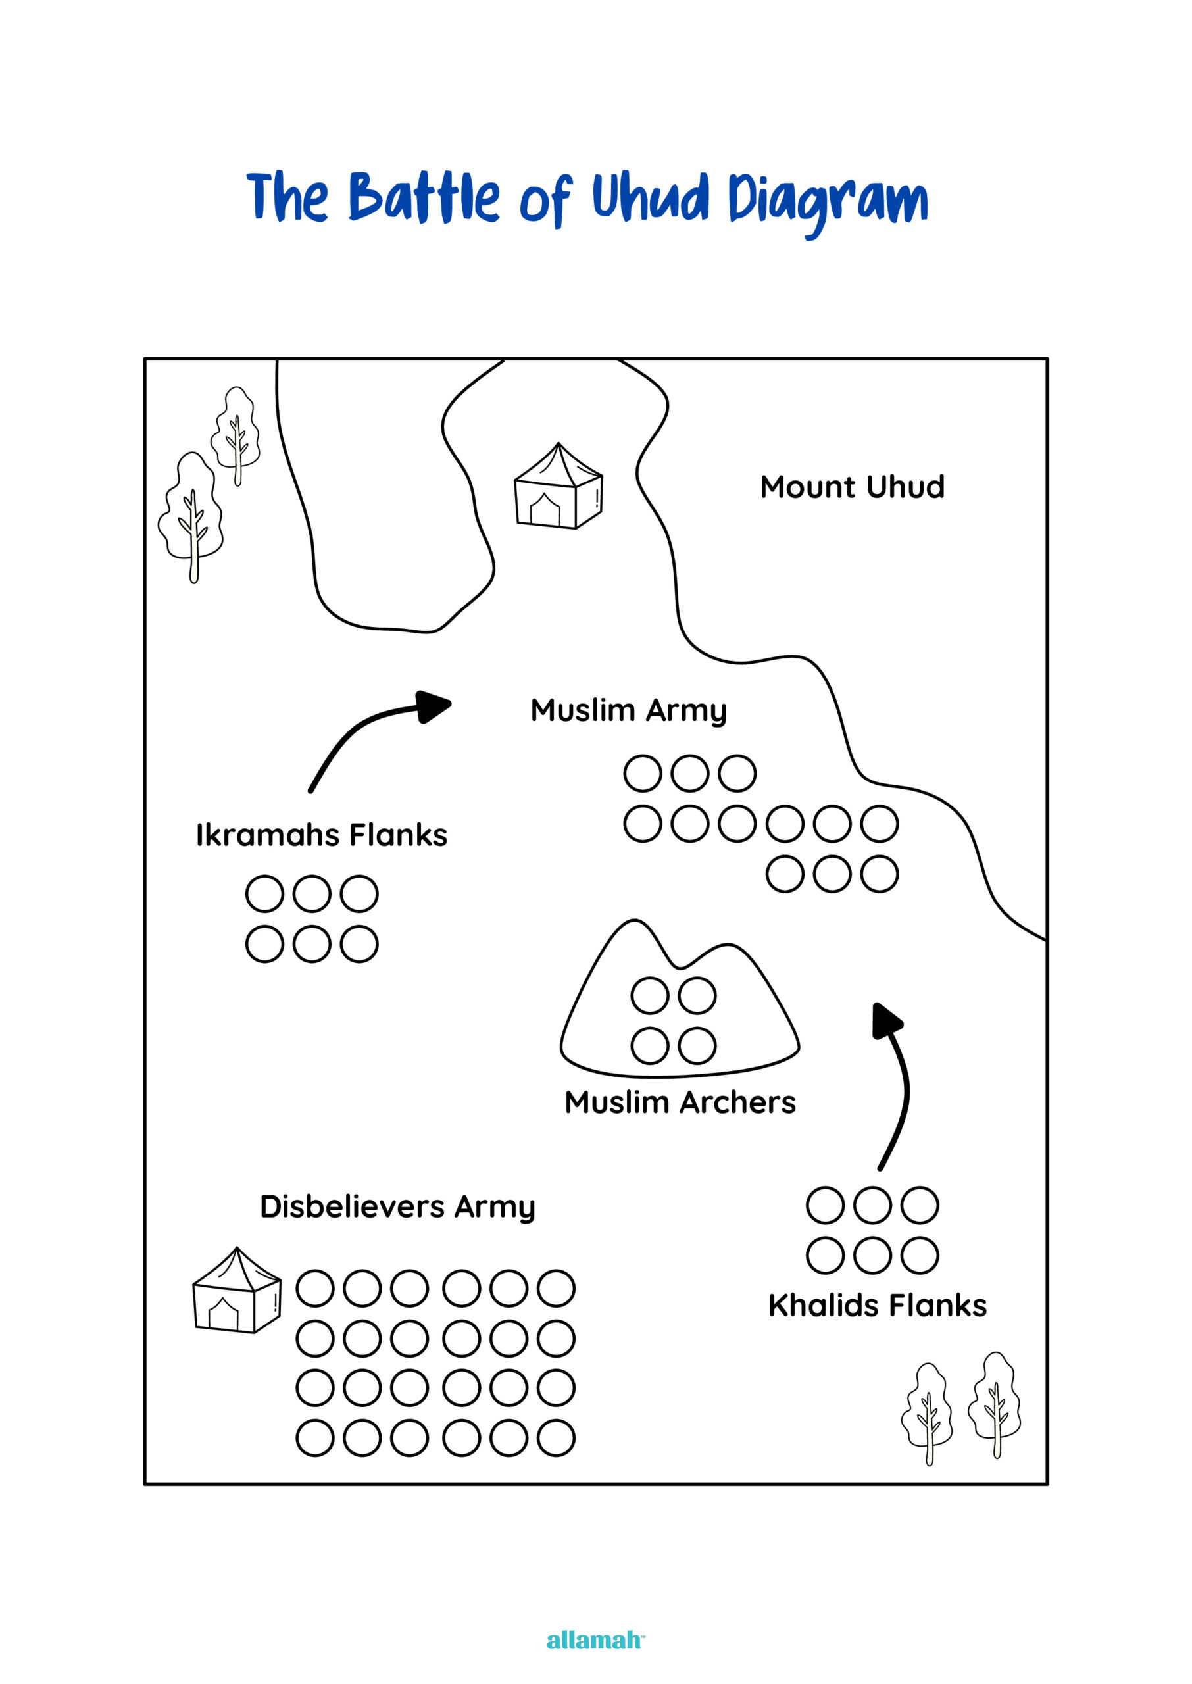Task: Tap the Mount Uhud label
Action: pyautogui.click(x=851, y=487)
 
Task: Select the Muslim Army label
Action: pyautogui.click(x=628, y=710)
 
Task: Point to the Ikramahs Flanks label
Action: pyautogui.click(x=322, y=835)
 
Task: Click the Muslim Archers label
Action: pyautogui.click(x=680, y=1102)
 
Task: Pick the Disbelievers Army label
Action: pyautogui.click(x=397, y=1206)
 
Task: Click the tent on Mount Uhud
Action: pyautogui.click(x=558, y=487)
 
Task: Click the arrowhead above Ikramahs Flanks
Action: pyautogui.click(x=433, y=706)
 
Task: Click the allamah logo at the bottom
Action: pyautogui.click(x=595, y=1640)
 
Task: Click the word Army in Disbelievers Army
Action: pyautogui.click(x=495, y=1207)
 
